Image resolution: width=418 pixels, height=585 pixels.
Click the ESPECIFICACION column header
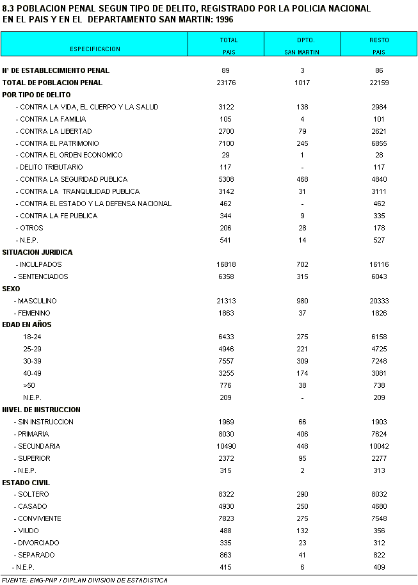[95, 49]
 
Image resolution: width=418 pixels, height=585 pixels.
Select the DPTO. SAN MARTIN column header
[302, 45]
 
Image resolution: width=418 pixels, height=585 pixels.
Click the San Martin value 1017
[302, 83]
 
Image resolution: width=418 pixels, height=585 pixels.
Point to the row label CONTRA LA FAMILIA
[52, 119]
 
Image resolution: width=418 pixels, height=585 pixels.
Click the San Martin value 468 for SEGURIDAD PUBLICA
[302, 179]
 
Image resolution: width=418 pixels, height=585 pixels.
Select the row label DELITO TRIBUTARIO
[51, 167]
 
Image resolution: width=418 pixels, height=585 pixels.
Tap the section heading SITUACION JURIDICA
[38, 252]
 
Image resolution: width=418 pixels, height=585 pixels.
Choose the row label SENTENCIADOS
[44, 276]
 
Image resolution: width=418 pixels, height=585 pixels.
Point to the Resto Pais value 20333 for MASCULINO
[379, 301]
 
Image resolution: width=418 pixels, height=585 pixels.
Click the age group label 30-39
[32, 362]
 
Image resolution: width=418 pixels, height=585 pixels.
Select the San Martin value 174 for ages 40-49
[302, 373]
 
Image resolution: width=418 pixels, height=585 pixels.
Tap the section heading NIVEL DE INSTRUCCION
[42, 410]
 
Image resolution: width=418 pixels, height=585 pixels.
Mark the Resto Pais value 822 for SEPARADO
[379, 555]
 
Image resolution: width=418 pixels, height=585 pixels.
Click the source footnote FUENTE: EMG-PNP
[84, 580]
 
